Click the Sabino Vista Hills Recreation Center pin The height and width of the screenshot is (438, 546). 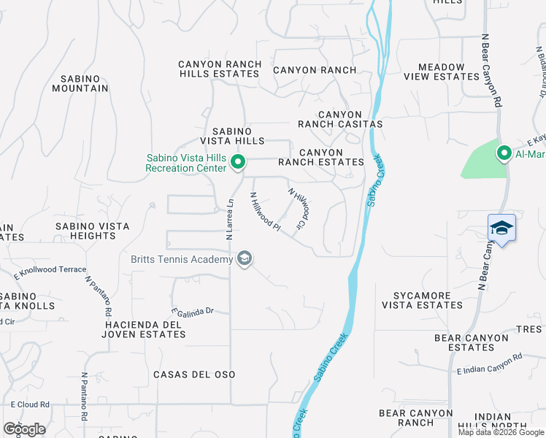pyautogui.click(x=237, y=162)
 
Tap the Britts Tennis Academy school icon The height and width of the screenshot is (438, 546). pyautogui.click(x=245, y=258)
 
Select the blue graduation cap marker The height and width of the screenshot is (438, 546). pyautogui.click(x=501, y=228)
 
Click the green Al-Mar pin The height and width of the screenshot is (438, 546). pyautogui.click(x=504, y=153)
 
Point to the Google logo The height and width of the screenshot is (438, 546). pyautogui.click(x=24, y=429)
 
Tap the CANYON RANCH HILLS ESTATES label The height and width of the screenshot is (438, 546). pyautogui.click(x=220, y=69)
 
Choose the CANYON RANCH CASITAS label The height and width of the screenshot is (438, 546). pyautogui.click(x=350, y=120)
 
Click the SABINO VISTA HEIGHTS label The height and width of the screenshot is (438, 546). pyautogui.click(x=93, y=231)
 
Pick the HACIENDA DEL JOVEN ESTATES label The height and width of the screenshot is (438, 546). pyautogui.click(x=145, y=329)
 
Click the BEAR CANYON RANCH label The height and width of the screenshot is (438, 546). pyautogui.click(x=417, y=418)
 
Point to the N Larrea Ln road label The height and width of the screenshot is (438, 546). pyautogui.click(x=229, y=220)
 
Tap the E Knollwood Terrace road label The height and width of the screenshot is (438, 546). pyautogui.click(x=50, y=272)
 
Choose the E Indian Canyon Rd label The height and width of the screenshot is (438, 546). pyautogui.click(x=490, y=364)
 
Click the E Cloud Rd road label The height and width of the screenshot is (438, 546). pyautogui.click(x=30, y=404)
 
